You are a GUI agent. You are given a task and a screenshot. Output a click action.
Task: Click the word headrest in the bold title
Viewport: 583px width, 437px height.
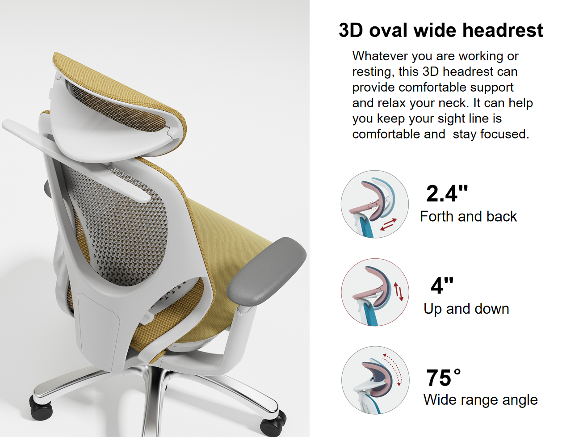click(x=503, y=30)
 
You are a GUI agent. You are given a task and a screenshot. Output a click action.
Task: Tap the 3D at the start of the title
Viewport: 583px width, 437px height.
click(x=351, y=30)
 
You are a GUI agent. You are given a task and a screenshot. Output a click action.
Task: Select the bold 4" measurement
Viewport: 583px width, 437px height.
click(x=442, y=286)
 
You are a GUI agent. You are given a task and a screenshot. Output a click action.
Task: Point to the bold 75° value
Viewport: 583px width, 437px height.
click(x=444, y=378)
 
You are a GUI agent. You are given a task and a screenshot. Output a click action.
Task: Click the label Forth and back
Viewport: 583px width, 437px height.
click(x=468, y=216)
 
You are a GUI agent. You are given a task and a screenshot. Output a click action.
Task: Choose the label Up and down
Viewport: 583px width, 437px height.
click(x=466, y=309)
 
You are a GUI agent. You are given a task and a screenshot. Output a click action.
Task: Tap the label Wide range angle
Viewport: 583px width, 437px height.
click(x=481, y=400)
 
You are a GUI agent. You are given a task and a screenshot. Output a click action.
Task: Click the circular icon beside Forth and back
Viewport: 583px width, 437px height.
click(x=375, y=204)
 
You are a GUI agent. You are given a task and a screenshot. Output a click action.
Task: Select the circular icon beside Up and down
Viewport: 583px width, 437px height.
click(x=375, y=292)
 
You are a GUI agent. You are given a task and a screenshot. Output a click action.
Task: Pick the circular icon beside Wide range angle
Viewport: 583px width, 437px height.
click(x=375, y=380)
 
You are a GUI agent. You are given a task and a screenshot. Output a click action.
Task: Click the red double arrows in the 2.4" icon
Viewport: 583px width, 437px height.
click(x=388, y=224)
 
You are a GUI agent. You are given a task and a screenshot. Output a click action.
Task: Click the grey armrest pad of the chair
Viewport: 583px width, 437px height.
click(x=266, y=271)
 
